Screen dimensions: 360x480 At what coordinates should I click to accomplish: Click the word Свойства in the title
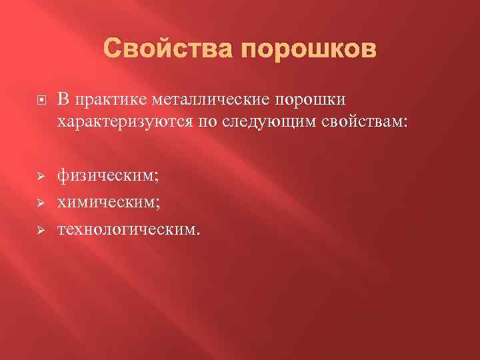coord(169,50)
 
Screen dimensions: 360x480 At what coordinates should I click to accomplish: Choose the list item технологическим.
coord(128,230)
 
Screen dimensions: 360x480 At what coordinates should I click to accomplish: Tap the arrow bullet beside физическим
coord(40,177)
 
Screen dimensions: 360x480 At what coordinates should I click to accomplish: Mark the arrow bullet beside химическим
coord(40,203)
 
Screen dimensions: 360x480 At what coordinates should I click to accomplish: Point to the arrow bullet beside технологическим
coord(40,230)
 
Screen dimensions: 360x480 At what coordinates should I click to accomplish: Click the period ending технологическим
coord(197,234)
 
